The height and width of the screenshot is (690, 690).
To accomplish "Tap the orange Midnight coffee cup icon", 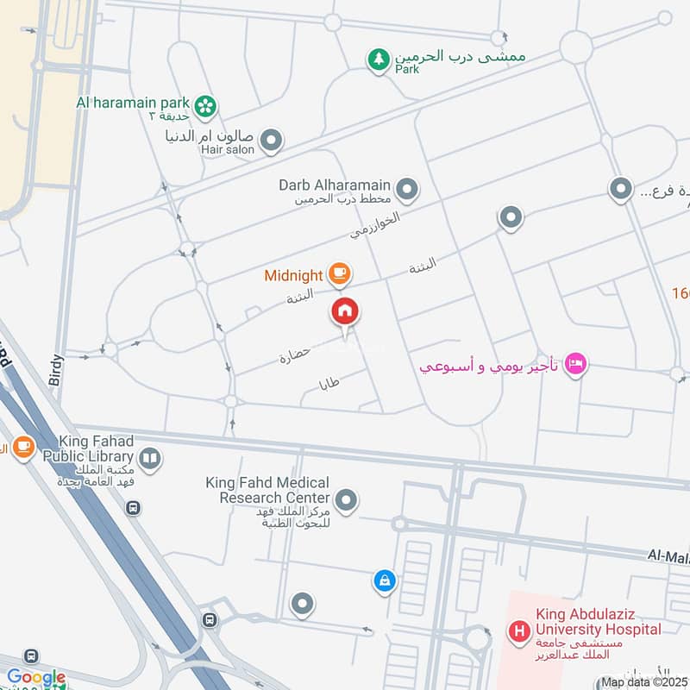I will point(338,275).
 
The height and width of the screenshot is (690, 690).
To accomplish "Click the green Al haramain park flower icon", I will point(205,106).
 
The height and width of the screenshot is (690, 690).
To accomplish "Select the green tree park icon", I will point(378,60).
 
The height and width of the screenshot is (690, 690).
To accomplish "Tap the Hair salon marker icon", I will point(272,141).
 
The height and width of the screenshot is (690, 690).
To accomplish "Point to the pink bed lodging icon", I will point(576,365).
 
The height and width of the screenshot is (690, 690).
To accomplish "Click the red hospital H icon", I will point(519,634).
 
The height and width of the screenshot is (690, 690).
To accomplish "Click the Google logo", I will point(35,678).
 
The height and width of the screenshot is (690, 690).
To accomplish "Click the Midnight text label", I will point(293,276).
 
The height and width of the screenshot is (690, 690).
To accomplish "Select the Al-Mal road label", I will point(668,557).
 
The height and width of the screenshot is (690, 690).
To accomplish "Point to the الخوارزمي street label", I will point(376,224).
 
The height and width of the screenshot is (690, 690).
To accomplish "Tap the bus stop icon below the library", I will point(132,508).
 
